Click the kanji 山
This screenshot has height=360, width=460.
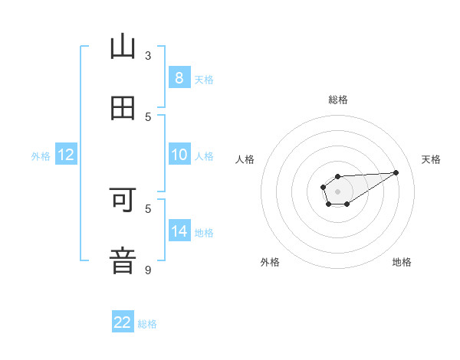[123, 47]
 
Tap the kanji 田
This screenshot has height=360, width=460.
[123, 108]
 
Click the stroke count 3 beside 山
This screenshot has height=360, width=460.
[148, 55]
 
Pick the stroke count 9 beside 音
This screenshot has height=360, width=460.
[148, 270]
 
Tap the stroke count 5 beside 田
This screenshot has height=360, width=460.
[148, 116]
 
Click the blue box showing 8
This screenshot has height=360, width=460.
[179, 78]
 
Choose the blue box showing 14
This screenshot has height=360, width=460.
[179, 231]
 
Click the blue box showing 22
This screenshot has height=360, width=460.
[123, 322]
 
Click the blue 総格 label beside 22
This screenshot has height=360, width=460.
[147, 324]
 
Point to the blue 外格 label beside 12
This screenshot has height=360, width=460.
[41, 156]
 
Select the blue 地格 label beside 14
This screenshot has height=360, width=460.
[204, 233]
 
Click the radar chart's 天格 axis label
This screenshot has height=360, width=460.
[432, 159]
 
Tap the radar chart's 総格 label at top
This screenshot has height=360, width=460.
[338, 100]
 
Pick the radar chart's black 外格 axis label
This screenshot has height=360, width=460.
[270, 262]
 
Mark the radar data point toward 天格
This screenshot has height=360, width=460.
[396, 172]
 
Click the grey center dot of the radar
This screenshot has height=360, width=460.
[337, 190]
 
